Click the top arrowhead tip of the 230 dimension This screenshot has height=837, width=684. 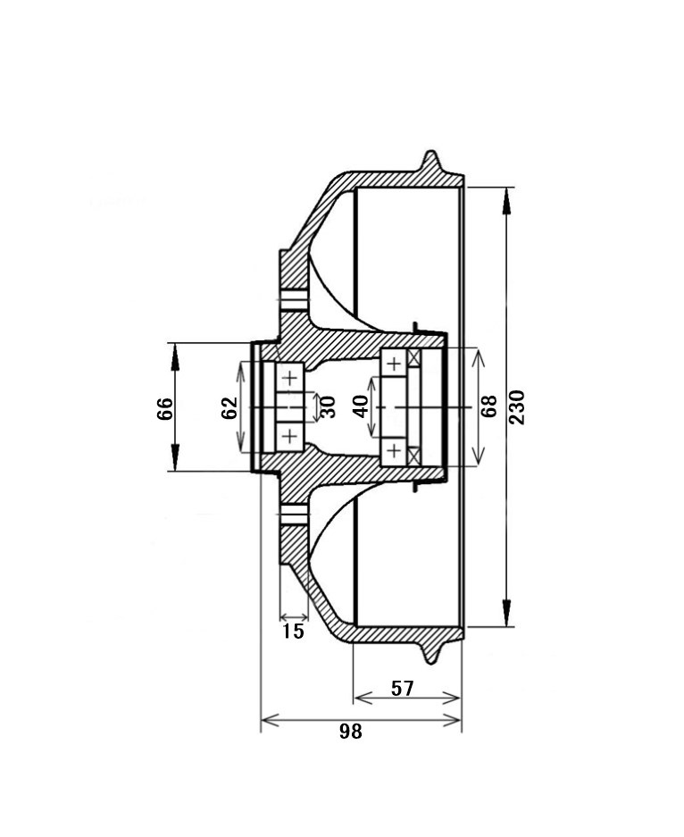[x=507, y=188]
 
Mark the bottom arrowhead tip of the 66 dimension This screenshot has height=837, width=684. [x=174, y=471]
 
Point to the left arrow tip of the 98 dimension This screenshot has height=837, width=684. [x=262, y=721]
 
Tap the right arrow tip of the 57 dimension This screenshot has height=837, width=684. [x=460, y=698]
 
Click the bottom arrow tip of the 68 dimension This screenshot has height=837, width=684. [x=480, y=464]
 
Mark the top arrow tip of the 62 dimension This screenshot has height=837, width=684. [x=240, y=362]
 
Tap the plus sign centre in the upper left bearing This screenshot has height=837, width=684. [x=289, y=379]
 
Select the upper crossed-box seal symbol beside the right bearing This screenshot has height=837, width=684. [x=414, y=357]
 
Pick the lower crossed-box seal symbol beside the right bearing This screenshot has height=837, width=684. [x=414, y=456]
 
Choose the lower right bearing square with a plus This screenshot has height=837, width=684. [x=393, y=452]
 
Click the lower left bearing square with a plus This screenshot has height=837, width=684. [x=289, y=437]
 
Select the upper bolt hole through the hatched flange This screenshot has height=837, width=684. [x=294, y=300]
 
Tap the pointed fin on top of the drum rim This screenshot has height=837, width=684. [x=431, y=161]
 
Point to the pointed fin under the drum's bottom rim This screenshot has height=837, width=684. [x=432, y=653]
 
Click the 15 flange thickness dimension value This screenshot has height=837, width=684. [x=293, y=632]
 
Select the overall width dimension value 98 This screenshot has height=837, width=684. [x=351, y=732]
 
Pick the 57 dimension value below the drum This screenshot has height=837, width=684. [x=403, y=689]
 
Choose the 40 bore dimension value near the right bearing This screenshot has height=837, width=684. [x=361, y=406]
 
